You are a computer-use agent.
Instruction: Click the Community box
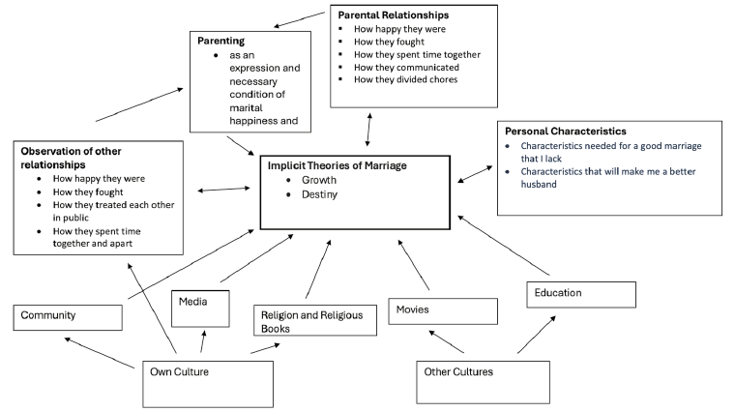(x=68, y=316)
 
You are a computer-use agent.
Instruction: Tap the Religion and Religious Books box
(x=314, y=320)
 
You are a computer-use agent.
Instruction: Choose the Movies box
(x=442, y=310)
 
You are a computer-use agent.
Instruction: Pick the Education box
(x=581, y=294)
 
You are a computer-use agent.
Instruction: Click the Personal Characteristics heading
(x=566, y=131)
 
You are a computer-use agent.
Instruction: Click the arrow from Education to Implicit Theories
(x=503, y=246)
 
